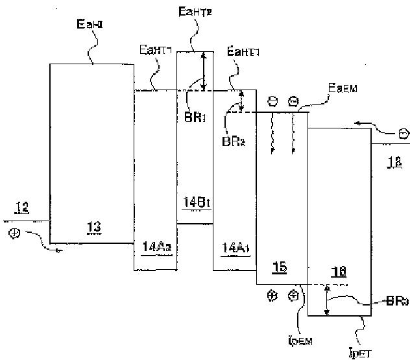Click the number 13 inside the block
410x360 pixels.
[93, 226]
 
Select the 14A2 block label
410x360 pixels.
[155, 246]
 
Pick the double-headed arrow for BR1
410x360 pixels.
[204, 71]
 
